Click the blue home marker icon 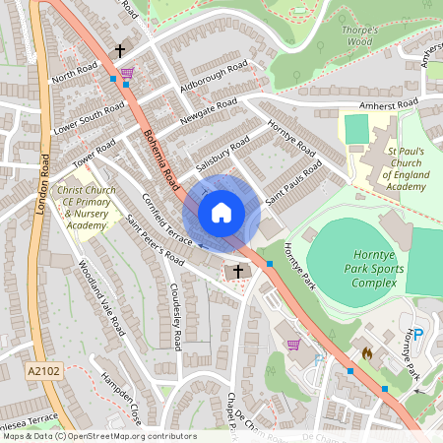coord(221,213)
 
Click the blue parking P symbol coord(417,334)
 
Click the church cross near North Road coord(121,50)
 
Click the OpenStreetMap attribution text coord(99,435)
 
